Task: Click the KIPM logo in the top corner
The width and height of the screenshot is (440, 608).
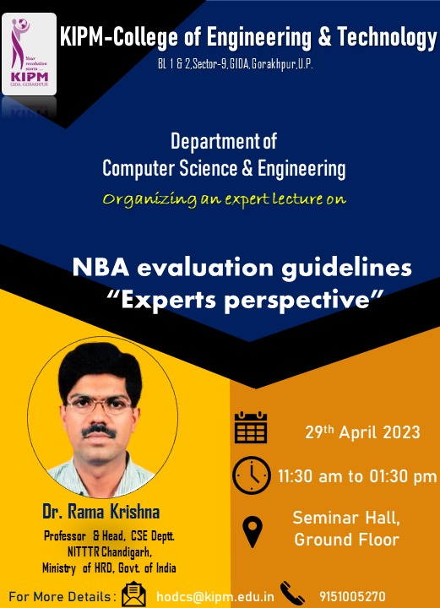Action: click(29, 54)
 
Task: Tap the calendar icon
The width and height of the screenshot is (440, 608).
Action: click(251, 427)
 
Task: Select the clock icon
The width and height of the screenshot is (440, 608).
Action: click(251, 475)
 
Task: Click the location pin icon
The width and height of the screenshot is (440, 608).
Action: click(253, 533)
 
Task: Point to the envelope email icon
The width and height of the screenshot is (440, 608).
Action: click(133, 594)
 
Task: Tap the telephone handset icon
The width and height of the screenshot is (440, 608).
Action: click(292, 593)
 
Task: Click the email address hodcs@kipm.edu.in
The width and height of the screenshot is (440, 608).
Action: click(215, 597)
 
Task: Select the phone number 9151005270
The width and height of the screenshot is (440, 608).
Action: click(352, 596)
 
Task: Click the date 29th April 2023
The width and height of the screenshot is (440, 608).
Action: click(362, 432)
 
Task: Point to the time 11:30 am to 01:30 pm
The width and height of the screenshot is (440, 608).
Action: click(357, 476)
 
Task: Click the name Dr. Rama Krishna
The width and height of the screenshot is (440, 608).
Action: click(101, 512)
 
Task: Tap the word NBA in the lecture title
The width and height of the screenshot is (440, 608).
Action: click(100, 268)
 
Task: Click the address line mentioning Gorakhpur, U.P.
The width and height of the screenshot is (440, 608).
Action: click(236, 64)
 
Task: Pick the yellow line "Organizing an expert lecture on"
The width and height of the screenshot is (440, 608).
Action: click(225, 199)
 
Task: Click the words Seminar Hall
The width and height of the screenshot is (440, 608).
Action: click(346, 518)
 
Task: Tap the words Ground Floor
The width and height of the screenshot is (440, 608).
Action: click(346, 540)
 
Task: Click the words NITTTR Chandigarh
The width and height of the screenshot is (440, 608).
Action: click(110, 551)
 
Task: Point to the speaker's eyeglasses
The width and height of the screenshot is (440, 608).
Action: click(99, 405)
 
